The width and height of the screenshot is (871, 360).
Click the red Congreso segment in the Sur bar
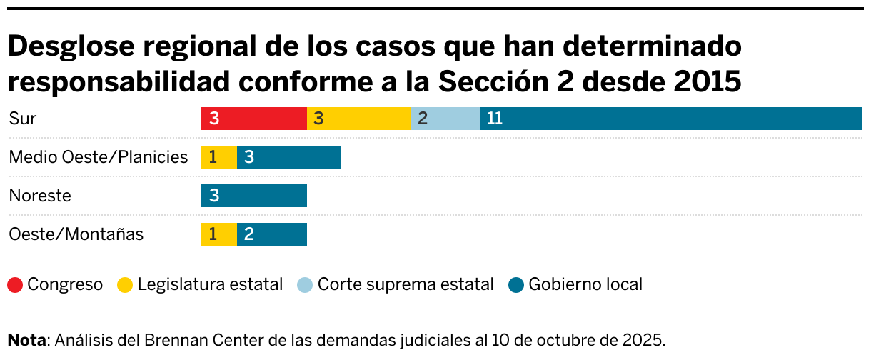[253, 119]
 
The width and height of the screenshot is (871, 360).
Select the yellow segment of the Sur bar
[358, 119]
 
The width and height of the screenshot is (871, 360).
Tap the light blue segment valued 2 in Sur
[445, 119]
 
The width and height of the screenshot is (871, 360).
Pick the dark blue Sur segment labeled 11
[670, 119]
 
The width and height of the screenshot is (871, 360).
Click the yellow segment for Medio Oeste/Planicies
[218, 157]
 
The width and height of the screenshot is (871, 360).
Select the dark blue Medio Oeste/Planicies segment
[288, 157]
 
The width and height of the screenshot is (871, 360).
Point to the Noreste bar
[253, 196]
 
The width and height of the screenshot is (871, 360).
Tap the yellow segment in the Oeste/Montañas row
[218, 234]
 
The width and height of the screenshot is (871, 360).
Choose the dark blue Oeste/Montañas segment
[271, 234]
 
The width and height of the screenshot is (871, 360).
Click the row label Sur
[22, 119]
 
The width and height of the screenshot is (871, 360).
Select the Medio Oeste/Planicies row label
[98, 157]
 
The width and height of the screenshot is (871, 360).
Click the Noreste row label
[39, 196]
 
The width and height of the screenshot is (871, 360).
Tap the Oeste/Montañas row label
[76, 234]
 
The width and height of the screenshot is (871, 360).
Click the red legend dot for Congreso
[15, 285]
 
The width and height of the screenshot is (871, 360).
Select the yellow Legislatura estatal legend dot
[125, 285]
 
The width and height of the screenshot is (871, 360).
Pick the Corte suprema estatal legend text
[405, 284]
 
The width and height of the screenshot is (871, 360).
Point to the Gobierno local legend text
[585, 284]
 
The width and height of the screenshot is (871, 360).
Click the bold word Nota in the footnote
[26, 339]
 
